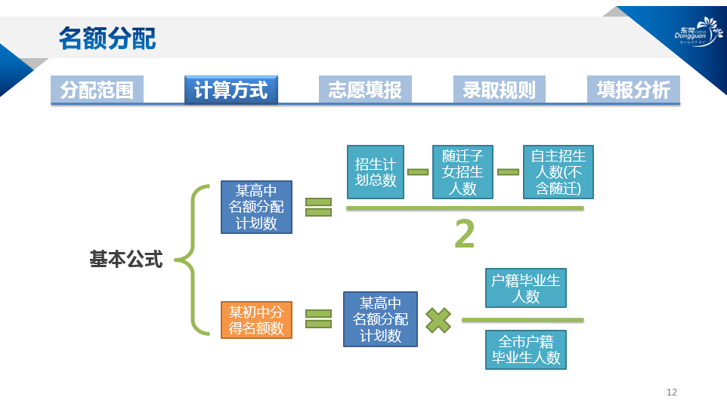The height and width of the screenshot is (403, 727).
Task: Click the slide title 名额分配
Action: click(107, 38)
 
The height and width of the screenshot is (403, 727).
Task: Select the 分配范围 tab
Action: click(97, 90)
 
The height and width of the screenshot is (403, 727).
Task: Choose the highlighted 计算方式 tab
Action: click(230, 90)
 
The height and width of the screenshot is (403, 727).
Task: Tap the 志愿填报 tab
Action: click(365, 90)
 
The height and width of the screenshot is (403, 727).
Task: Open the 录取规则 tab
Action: click(500, 90)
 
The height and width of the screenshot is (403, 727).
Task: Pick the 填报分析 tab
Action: click(633, 90)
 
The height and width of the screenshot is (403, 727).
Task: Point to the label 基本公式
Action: click(126, 260)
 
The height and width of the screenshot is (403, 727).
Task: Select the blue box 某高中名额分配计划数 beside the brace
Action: click(256, 207)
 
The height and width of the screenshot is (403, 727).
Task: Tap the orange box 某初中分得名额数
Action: click(256, 320)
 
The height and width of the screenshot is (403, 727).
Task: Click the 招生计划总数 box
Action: click(376, 172)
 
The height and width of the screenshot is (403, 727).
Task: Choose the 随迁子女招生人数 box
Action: click(462, 172)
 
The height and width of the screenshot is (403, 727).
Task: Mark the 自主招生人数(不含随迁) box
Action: click(558, 172)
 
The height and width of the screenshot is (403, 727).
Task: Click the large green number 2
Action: click(464, 235)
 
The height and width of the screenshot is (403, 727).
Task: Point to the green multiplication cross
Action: click(438, 320)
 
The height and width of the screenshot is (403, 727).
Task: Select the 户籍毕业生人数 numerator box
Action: click(525, 288)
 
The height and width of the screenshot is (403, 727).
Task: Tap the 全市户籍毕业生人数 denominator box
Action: click(526, 349)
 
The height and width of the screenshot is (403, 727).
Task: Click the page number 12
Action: click(672, 392)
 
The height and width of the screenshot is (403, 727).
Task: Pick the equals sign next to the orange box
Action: click(318, 319)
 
